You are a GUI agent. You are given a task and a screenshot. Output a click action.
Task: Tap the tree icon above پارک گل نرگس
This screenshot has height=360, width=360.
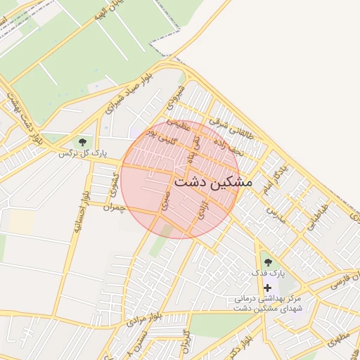pyautogui.click(x=83, y=143)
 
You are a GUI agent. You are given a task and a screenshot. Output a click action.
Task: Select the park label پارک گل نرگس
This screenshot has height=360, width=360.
pyautogui.click(x=82, y=152)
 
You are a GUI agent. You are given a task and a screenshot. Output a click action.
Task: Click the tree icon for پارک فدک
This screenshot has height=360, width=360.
pyautogui.click(x=267, y=263)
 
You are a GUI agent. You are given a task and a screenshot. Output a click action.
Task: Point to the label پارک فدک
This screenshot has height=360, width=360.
pyautogui.click(x=267, y=272)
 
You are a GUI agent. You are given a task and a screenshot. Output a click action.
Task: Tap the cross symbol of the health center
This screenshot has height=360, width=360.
pyautogui.click(x=267, y=288)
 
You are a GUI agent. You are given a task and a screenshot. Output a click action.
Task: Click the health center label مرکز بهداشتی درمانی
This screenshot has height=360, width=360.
pyautogui.click(x=268, y=299)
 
